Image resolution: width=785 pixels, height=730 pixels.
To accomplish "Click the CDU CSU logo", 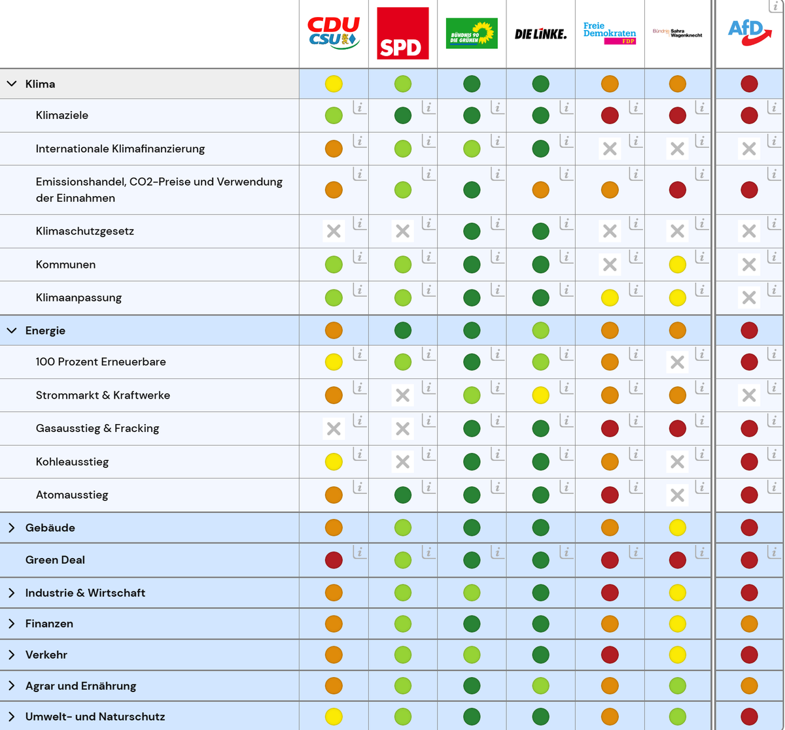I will pyautogui.click(x=334, y=33).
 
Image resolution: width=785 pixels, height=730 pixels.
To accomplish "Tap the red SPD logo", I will pyautogui.click(x=403, y=33).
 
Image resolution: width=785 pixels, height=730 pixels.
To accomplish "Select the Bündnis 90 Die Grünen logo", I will pyautogui.click(x=472, y=33).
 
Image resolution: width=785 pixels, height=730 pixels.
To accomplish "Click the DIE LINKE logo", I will pyautogui.click(x=540, y=34).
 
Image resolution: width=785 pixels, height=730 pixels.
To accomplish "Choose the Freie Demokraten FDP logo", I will pyautogui.click(x=610, y=33).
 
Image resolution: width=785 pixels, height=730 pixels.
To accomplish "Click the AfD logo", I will pyautogui.click(x=749, y=32).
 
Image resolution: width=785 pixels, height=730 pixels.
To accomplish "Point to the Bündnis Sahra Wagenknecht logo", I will pyautogui.click(x=677, y=33).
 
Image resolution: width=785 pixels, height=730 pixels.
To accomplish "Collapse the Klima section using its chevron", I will pyautogui.click(x=12, y=84).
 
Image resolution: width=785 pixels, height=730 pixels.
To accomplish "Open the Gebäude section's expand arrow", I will pyautogui.click(x=12, y=527).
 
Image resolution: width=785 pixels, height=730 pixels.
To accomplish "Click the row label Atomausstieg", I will pyautogui.click(x=72, y=495).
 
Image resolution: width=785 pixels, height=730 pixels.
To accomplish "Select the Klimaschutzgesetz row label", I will pyautogui.click(x=85, y=231).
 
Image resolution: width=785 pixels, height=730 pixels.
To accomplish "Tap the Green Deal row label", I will pyautogui.click(x=55, y=560).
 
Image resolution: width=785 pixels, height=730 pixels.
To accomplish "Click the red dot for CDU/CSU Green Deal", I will pyautogui.click(x=334, y=560).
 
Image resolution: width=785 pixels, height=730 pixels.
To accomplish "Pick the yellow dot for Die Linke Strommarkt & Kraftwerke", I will pyautogui.click(x=540, y=395).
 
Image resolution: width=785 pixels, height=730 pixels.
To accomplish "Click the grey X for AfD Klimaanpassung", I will pyautogui.click(x=749, y=298).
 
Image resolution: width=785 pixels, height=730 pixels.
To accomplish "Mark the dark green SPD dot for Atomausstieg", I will pyautogui.click(x=403, y=495).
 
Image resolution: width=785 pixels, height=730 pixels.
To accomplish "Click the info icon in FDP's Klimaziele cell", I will pyautogui.click(x=635, y=108).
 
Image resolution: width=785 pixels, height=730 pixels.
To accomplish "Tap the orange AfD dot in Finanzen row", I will pyautogui.click(x=749, y=624).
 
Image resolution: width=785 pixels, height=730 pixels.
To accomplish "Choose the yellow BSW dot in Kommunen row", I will pyautogui.click(x=678, y=265).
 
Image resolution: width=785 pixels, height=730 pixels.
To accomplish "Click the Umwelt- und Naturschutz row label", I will pyautogui.click(x=95, y=716).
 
